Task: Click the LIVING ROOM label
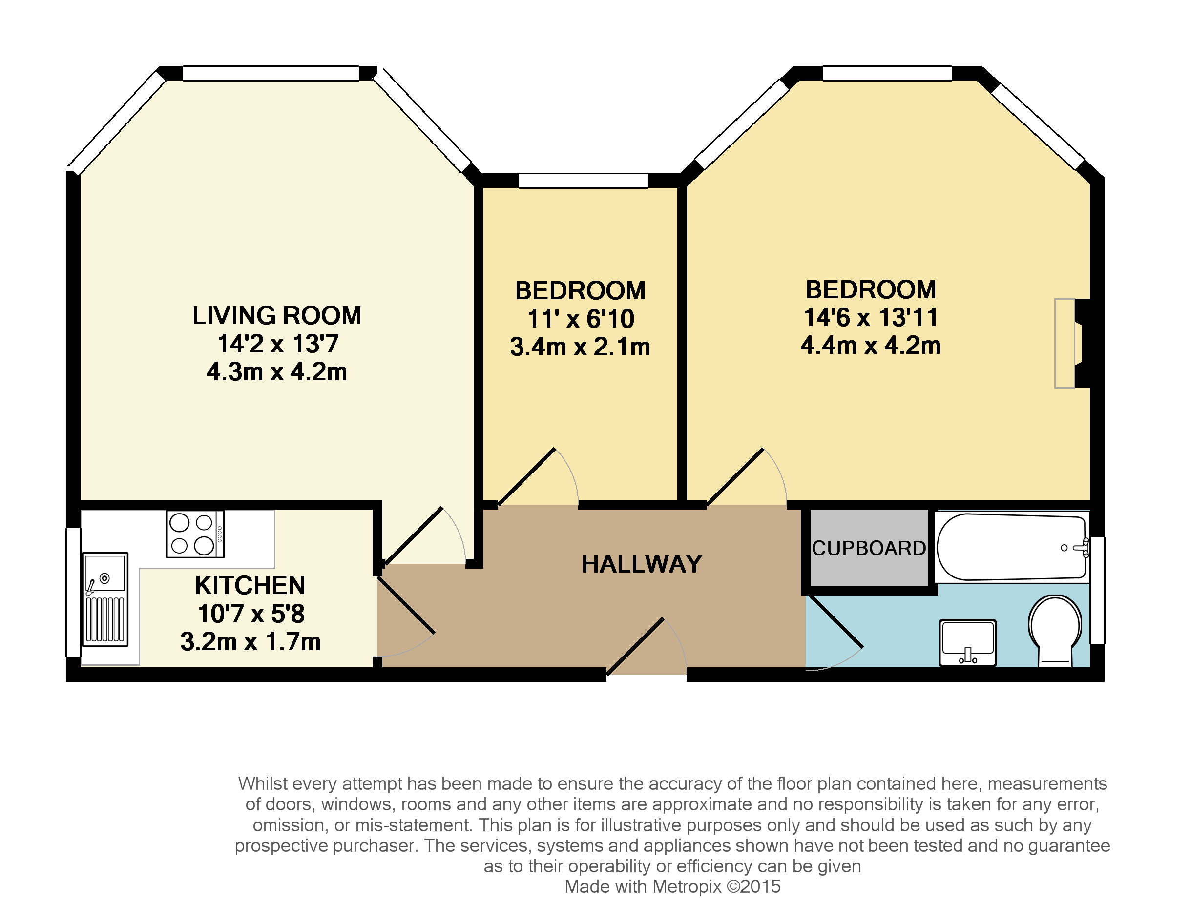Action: (x=277, y=316)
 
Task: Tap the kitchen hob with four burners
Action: (x=195, y=534)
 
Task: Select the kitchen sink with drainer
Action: (x=105, y=599)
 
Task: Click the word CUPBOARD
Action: (x=869, y=548)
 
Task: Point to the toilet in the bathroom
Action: (x=1055, y=630)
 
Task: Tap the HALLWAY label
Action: (x=642, y=564)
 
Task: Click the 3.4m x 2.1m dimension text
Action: (x=580, y=347)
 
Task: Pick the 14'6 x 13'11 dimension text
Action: (x=871, y=317)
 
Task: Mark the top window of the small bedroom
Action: (x=583, y=181)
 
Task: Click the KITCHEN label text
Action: (x=251, y=585)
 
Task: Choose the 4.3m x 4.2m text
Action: (x=277, y=372)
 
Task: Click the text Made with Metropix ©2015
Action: (x=672, y=887)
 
